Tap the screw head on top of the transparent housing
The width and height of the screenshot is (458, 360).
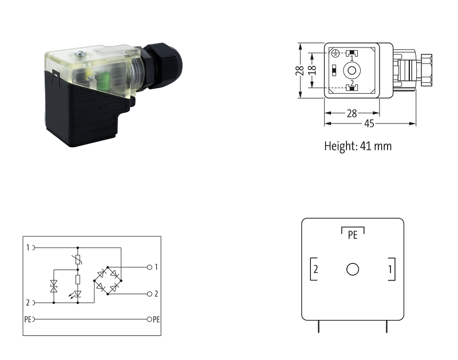point(80,53)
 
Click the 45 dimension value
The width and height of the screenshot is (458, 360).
point(369,124)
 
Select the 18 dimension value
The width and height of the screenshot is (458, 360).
point(312,70)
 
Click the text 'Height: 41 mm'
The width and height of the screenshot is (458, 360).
point(358,146)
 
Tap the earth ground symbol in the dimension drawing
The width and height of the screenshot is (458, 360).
point(335,53)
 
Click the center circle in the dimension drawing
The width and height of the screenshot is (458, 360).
point(352,70)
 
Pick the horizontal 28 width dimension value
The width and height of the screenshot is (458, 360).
point(352,113)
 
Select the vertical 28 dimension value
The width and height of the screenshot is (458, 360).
point(299,70)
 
